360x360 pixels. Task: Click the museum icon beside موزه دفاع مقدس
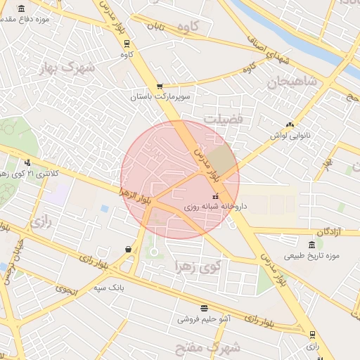click(x=22, y=9)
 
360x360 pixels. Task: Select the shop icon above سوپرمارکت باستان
click(x=160, y=86)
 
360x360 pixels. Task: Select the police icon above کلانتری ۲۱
click(x=27, y=162)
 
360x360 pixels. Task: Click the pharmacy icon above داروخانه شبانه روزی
click(x=215, y=196)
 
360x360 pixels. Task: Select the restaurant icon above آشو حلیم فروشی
click(x=204, y=308)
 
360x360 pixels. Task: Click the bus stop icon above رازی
click(x=312, y=335)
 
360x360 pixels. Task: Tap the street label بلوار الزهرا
click(x=136, y=195)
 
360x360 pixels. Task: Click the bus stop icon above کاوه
click(x=127, y=42)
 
